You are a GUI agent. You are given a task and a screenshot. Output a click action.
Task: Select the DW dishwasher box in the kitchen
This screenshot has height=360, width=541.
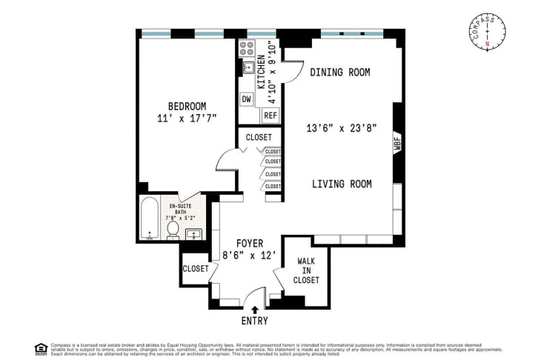tap(246, 99)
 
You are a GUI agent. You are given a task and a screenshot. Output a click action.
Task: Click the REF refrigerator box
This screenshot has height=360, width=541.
tap(270, 116)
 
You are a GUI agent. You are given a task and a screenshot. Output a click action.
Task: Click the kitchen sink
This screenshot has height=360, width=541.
tap(247, 69)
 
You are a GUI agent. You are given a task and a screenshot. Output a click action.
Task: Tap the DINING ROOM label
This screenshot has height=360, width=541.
tap(339, 72)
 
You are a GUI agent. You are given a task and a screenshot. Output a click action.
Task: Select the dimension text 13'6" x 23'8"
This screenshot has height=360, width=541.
tap(342, 127)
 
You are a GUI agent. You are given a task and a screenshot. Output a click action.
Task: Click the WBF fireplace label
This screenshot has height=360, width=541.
tap(397, 144)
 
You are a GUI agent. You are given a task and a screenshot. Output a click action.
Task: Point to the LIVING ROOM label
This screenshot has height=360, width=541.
tap(341, 184)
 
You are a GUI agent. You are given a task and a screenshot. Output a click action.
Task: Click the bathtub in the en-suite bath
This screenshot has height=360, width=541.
tap(149, 219)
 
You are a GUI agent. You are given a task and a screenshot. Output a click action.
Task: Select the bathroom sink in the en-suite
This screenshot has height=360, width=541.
tap(194, 235)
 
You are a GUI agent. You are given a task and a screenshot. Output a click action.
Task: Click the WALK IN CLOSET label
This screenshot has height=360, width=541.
tap(307, 270)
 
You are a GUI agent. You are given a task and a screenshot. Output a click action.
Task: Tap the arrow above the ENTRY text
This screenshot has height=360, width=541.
tap(256, 309)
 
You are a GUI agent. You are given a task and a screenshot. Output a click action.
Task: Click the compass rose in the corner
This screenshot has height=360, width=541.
tap(487, 32)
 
